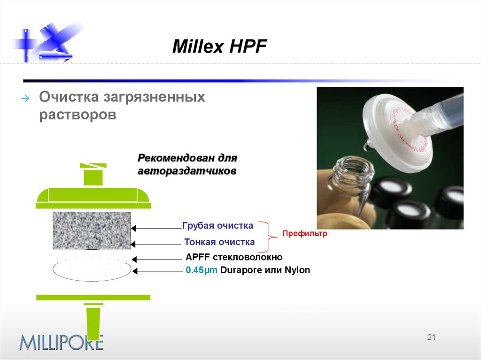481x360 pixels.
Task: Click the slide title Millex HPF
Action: tap(219, 46)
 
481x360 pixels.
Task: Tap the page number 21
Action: tap(431, 337)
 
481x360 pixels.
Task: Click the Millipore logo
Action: tap(61, 342)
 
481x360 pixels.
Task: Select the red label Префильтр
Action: tap(304, 233)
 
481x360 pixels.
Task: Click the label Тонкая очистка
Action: tap(219, 242)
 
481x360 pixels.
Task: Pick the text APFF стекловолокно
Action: tap(234, 257)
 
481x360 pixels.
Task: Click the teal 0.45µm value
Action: tap(202, 270)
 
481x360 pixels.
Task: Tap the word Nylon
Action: tap(297, 270)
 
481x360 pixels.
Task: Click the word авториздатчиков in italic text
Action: tap(186, 171)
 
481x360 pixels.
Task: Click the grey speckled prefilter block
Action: tap(92, 230)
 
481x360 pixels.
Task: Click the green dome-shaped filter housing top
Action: tap(93, 197)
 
